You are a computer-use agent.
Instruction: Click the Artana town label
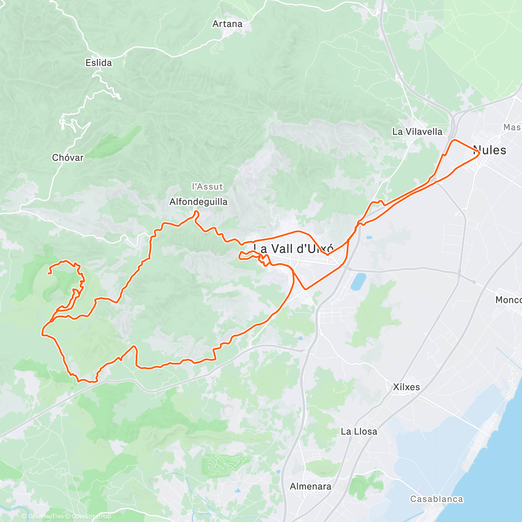pyautogui.click(x=227, y=24)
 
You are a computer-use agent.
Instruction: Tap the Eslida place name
pyautogui.click(x=98, y=63)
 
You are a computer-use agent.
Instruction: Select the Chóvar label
pyautogui.click(x=67, y=157)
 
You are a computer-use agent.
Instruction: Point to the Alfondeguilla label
pyautogui.click(x=198, y=202)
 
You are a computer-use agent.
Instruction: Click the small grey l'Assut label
pyautogui.click(x=207, y=187)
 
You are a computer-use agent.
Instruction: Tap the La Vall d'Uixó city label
pyautogui.click(x=294, y=248)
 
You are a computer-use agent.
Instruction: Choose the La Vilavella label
pyautogui.click(x=417, y=131)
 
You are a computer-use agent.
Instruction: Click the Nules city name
pyautogui.click(x=490, y=150)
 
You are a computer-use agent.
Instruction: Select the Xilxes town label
pyautogui.click(x=406, y=387)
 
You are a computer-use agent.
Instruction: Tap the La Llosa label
pyautogui.click(x=359, y=432)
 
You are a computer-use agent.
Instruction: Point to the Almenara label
pyautogui.click(x=311, y=486)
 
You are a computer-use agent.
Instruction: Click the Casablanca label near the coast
pyautogui.click(x=437, y=499)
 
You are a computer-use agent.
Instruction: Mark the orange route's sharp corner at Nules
pyautogui.click(x=479, y=152)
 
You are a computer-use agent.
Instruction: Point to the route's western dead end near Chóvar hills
pyautogui.click(x=49, y=273)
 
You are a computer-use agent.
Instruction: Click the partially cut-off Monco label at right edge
pyautogui.click(x=508, y=300)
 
